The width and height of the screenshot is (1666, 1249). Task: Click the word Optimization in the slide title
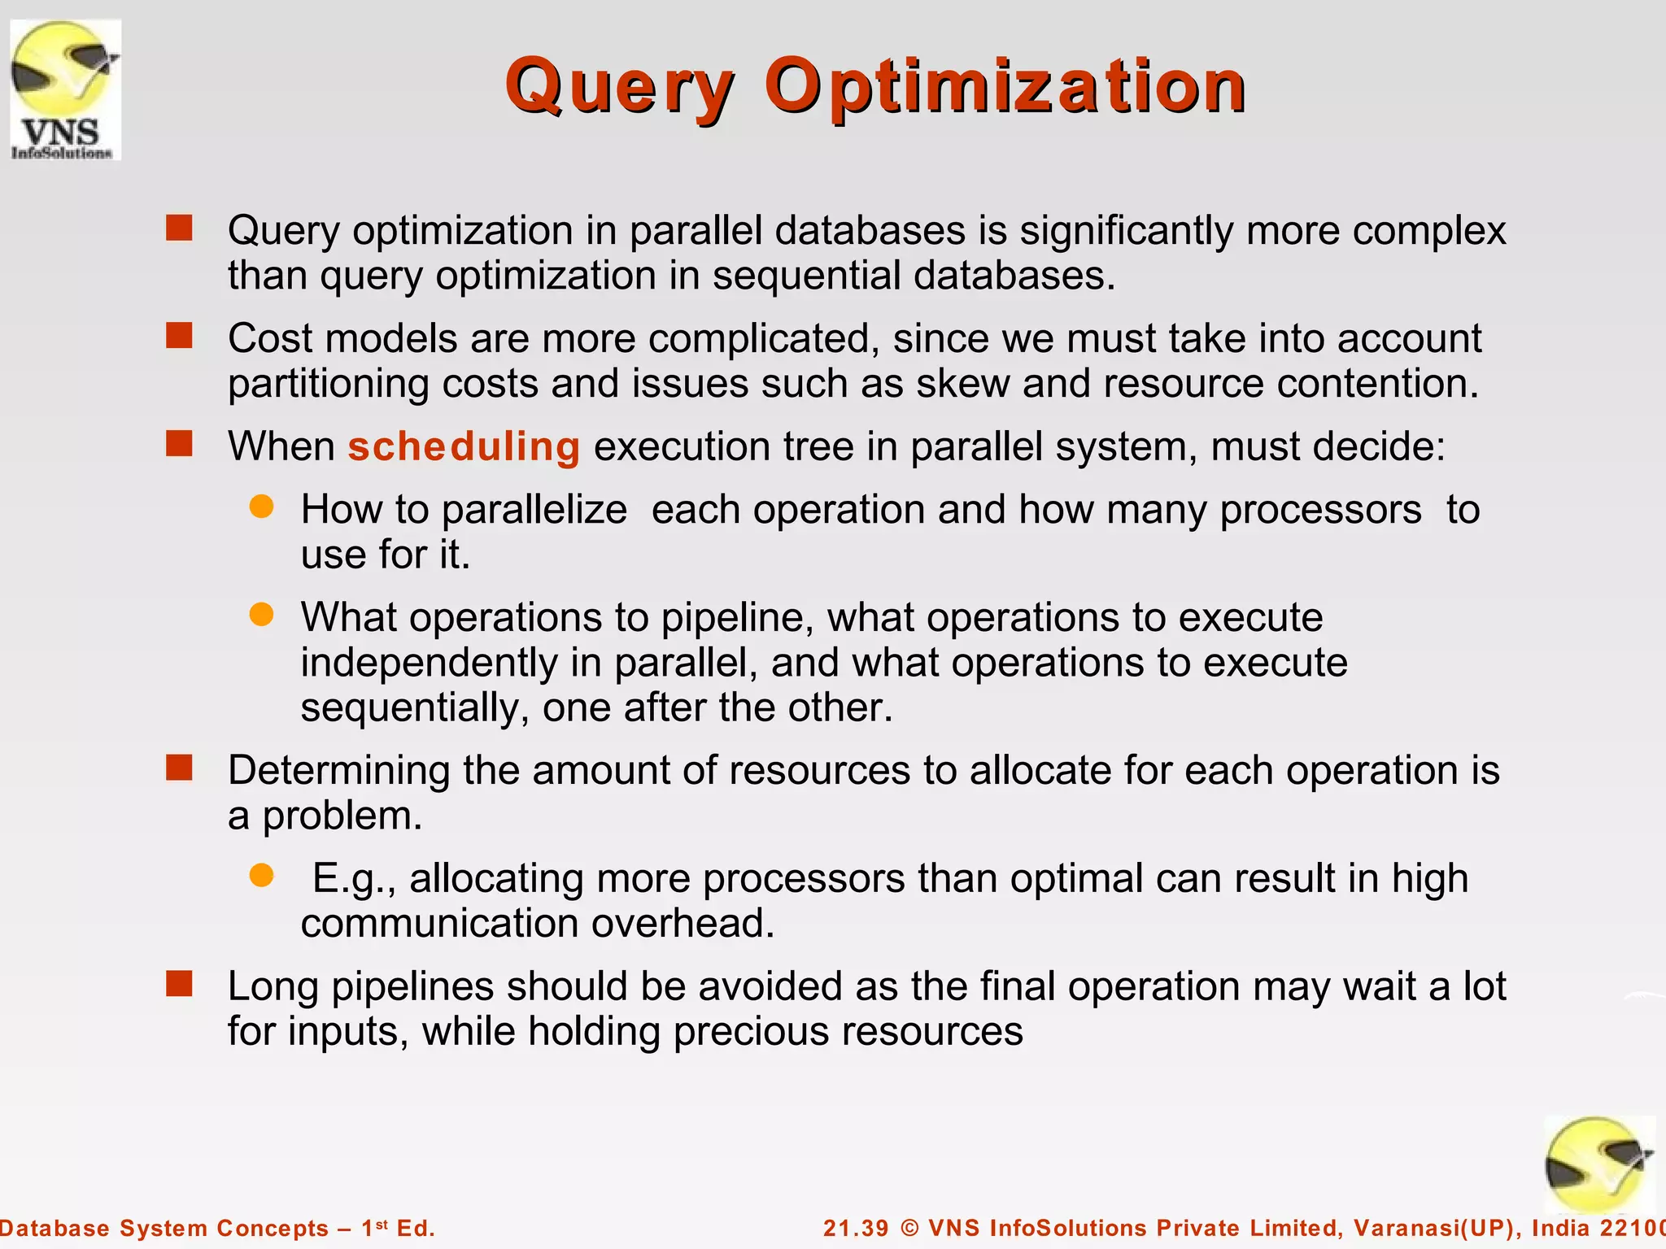pyautogui.click(x=1005, y=88)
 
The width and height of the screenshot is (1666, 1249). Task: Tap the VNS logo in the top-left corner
pyautogui.click(x=65, y=89)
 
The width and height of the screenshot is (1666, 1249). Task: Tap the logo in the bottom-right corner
pyautogui.click(x=1598, y=1165)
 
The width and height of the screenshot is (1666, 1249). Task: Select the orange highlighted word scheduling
pyautogui.click(x=464, y=446)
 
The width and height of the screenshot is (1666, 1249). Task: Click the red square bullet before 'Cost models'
pyautogui.click(x=179, y=335)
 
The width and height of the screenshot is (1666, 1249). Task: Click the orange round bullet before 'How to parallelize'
pyautogui.click(x=261, y=507)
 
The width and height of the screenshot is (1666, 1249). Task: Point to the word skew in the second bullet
pyautogui.click(x=962, y=384)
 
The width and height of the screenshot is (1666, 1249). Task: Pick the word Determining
pyautogui.click(x=338, y=770)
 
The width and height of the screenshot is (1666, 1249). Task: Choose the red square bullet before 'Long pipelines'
pyautogui.click(x=179, y=984)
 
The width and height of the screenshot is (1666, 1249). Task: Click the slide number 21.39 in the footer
pyautogui.click(x=856, y=1228)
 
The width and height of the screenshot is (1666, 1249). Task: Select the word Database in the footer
pyautogui.click(x=55, y=1228)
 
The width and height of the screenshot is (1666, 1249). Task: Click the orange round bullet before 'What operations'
pyautogui.click(x=261, y=615)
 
